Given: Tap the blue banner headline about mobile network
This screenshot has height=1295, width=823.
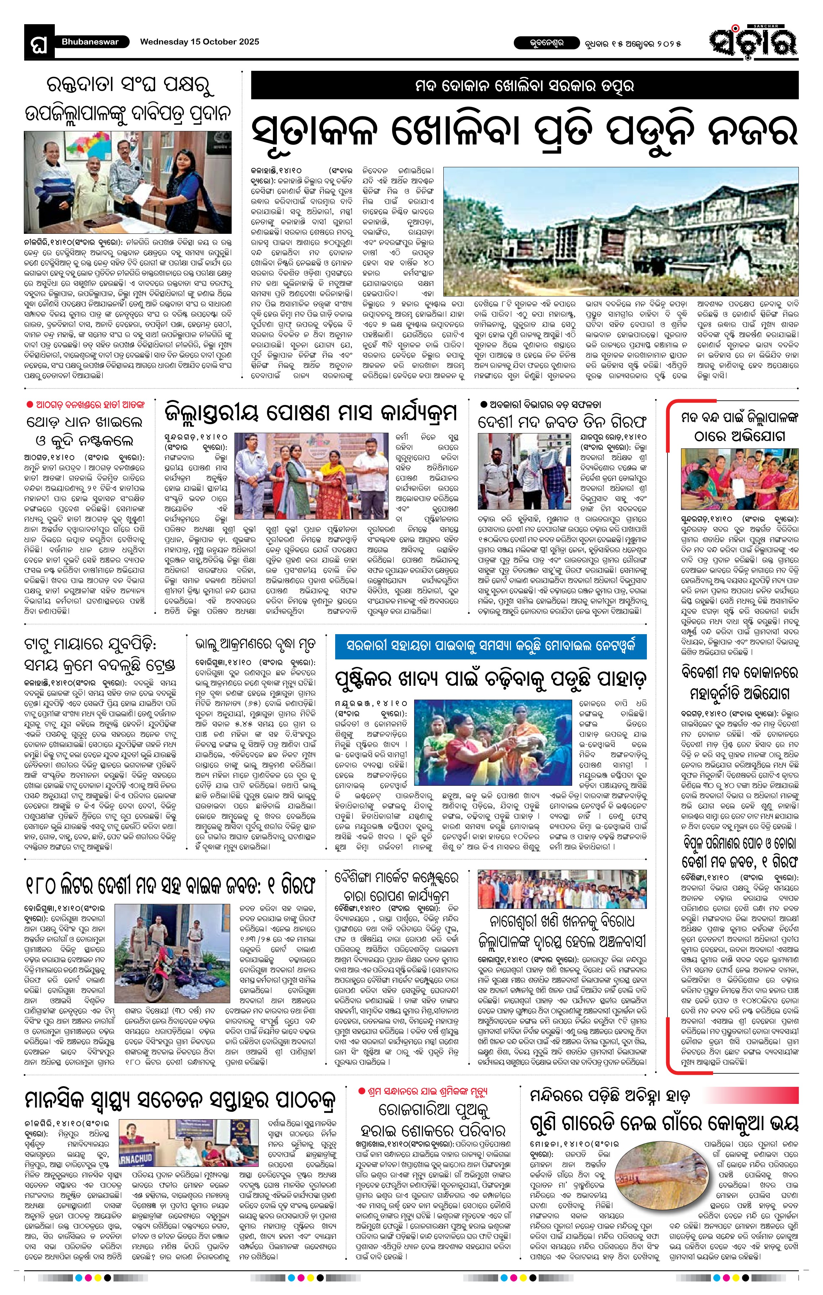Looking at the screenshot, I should pos(490,646).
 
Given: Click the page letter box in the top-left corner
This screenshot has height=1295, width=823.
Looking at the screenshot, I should pos(39,43).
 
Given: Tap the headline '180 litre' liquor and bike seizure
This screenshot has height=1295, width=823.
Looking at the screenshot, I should pos(170,884).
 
